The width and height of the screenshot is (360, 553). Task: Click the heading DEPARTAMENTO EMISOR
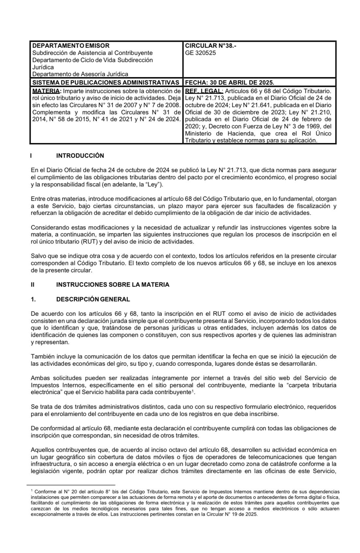tap(71, 46)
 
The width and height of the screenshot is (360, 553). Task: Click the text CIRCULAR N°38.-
tap(211, 46)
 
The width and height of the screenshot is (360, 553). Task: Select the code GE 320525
tap(200, 53)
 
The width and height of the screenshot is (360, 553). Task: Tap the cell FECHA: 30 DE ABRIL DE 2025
tap(229, 82)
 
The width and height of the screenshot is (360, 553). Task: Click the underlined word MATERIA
tap(46, 91)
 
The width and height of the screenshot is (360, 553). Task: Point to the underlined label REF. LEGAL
tap(204, 91)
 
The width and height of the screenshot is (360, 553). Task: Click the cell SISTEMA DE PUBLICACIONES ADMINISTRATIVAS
tap(106, 82)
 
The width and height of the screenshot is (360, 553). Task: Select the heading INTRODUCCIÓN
tap(80, 156)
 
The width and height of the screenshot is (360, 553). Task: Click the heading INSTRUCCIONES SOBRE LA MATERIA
tap(113, 285)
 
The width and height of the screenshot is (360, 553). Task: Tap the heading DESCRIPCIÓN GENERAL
tap(93, 299)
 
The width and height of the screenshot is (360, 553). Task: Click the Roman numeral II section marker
tap(33, 285)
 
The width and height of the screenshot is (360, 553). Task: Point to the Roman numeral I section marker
tap(31, 156)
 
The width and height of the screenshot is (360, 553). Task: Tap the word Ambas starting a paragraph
tap(39, 378)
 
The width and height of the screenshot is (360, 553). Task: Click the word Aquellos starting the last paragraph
tap(42, 450)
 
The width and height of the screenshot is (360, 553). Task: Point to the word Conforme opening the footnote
tap(45, 492)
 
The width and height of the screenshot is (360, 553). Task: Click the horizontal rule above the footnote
tap(71, 485)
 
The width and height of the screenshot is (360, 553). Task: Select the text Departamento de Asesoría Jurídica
tap(80, 74)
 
